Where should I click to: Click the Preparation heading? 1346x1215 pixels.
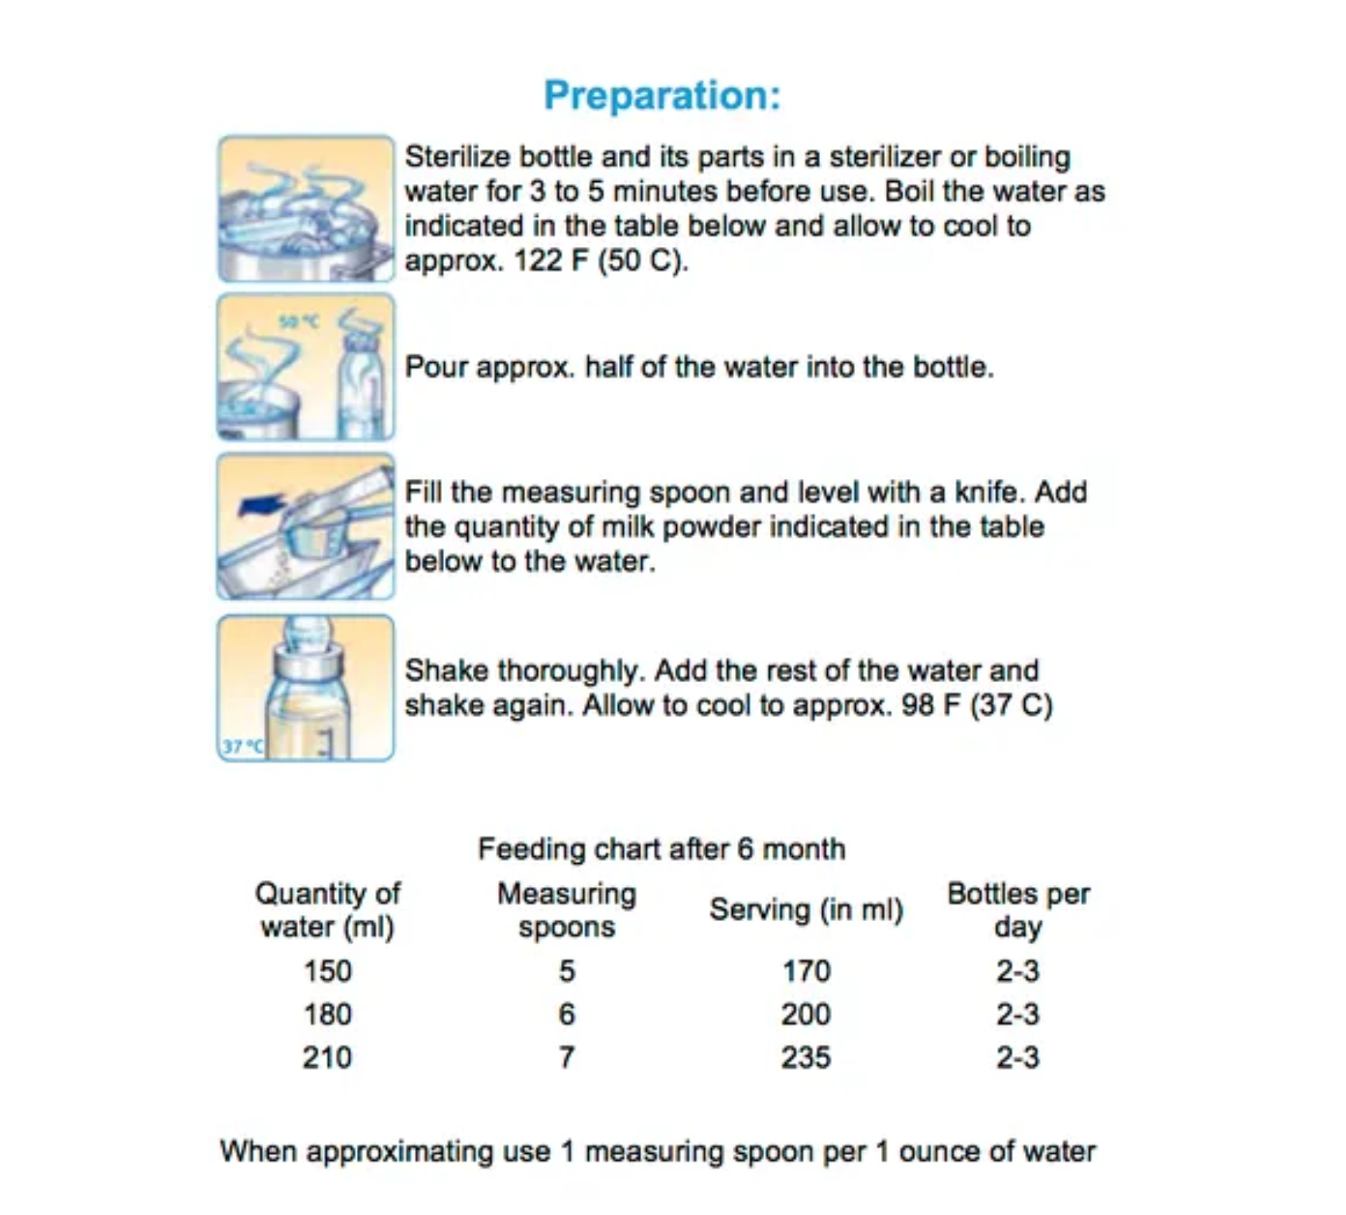point(662,95)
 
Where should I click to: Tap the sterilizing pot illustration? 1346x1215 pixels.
point(305,210)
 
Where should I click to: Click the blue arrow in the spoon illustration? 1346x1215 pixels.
point(261,503)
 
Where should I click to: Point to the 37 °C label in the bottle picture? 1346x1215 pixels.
point(241,746)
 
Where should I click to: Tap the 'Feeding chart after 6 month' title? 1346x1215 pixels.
point(661,849)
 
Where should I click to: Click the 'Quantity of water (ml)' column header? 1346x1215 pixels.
point(327,910)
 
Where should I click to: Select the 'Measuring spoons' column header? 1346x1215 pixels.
point(567,910)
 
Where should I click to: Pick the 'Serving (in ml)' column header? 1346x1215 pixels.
point(806,910)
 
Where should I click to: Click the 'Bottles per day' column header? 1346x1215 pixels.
point(1018,910)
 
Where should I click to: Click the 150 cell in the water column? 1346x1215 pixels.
point(327,971)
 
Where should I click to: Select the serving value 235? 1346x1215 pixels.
point(806,1058)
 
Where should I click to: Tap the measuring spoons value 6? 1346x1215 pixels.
point(567,1014)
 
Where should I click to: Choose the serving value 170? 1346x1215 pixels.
point(806,971)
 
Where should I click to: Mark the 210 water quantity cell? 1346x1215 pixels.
point(327,1058)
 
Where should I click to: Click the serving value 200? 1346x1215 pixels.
point(806,1014)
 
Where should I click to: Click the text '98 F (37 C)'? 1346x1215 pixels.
point(977,705)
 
